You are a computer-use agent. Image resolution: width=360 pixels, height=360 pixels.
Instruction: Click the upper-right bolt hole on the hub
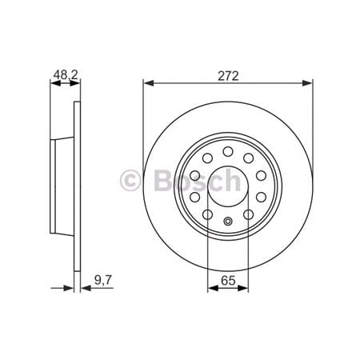247,157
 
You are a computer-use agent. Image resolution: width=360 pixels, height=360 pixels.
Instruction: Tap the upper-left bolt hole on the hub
207,157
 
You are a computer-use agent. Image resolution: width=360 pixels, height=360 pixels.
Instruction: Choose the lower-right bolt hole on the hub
248,213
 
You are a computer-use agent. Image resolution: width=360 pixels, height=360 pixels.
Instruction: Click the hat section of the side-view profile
62,185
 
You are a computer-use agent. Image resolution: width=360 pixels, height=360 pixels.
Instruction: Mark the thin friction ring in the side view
78,185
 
